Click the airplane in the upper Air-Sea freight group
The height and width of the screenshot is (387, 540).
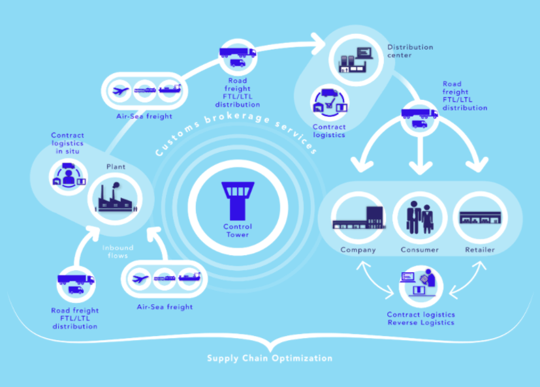pos(121,91)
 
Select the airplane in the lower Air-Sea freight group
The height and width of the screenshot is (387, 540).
pos(140,279)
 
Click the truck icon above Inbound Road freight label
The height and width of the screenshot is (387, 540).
pos(75,283)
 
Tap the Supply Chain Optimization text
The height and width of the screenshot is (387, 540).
pos(270,358)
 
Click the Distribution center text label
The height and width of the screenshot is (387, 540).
pos(410,52)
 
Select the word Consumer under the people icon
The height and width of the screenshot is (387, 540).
pos(419,250)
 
